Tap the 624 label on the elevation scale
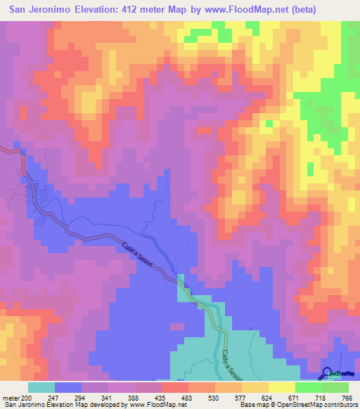point(281,398)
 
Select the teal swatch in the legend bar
point(41,387)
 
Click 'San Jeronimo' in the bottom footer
point(25,405)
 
